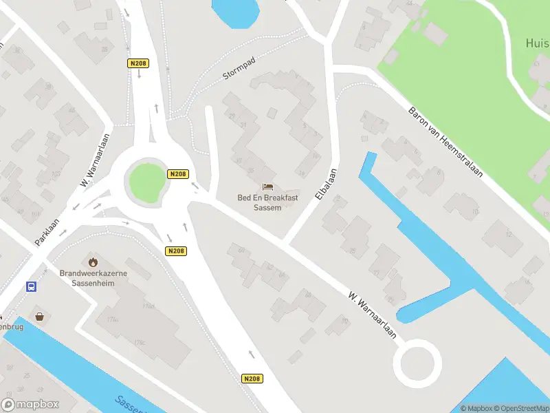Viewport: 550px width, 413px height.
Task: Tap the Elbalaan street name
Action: tap(325, 184)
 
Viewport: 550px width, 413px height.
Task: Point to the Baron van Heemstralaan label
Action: tap(445, 142)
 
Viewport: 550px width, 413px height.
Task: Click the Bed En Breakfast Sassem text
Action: tap(268, 202)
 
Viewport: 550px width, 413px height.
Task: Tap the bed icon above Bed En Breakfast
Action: tap(268, 187)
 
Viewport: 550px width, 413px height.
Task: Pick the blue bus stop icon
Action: tap(31, 286)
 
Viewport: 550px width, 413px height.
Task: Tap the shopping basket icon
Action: tap(40, 316)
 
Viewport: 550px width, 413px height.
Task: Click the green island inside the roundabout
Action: tap(147, 181)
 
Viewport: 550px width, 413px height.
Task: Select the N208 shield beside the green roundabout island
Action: tap(178, 174)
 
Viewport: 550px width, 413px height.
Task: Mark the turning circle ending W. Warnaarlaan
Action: tap(417, 363)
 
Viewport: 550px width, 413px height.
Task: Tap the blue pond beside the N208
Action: tap(235, 12)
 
